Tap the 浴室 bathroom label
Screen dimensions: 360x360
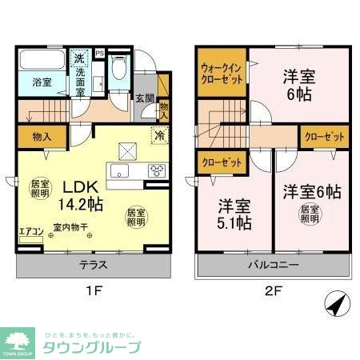coord(42,82)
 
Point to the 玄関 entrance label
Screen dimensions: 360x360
coord(144,98)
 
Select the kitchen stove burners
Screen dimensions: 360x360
coord(157,169)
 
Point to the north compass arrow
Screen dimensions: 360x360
coord(336,305)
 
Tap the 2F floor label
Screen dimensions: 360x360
coord(272,290)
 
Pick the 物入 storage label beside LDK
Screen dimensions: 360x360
coord(34,136)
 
